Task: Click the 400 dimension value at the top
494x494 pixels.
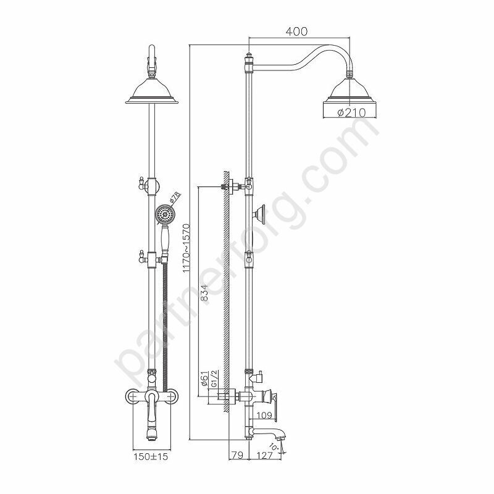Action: tap(296, 31)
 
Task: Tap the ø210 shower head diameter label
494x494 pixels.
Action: tap(351, 112)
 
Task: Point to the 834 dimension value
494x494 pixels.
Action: tap(205, 293)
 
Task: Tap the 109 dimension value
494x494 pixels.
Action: tap(264, 415)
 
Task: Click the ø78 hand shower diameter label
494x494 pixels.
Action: tap(175, 196)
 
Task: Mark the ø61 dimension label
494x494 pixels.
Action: tap(204, 379)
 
